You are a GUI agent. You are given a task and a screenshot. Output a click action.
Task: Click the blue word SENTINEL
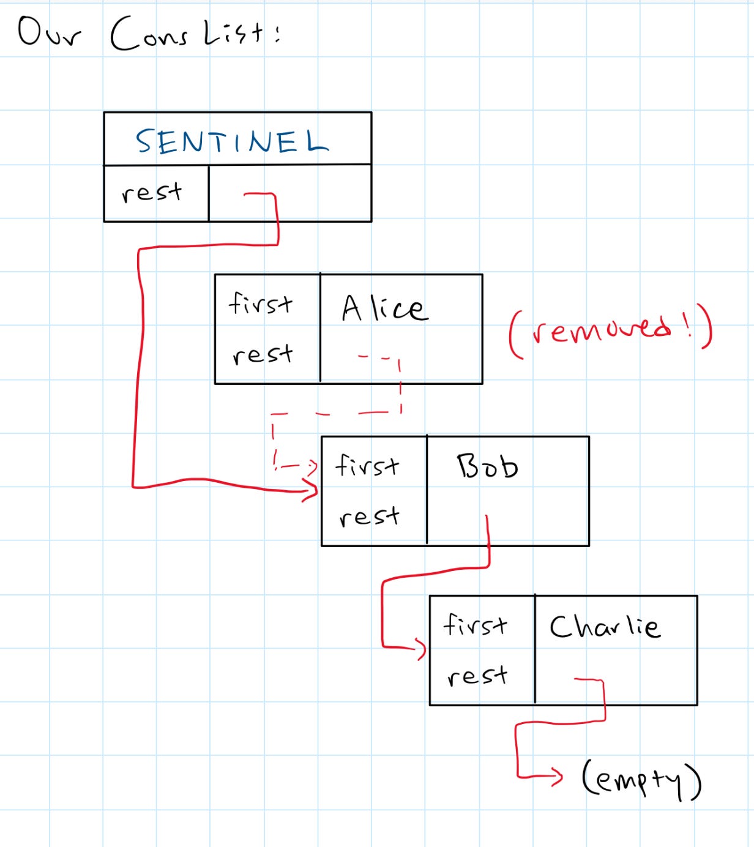(x=232, y=141)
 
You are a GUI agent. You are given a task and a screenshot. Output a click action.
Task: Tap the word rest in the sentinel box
(x=152, y=192)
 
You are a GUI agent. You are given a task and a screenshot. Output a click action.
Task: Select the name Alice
(x=384, y=307)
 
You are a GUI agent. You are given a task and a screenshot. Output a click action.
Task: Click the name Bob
(x=488, y=466)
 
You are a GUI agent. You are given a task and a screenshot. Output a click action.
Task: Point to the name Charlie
(x=605, y=625)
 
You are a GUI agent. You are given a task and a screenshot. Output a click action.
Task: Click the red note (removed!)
(x=611, y=330)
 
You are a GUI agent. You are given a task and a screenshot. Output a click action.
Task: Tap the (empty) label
(x=641, y=780)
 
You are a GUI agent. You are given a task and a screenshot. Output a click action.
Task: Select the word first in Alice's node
(x=261, y=303)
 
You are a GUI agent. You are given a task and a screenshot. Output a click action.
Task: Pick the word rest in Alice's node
(x=263, y=354)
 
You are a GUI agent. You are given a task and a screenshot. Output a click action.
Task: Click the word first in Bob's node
(x=367, y=465)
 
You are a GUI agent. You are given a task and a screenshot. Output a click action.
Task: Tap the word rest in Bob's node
(x=369, y=517)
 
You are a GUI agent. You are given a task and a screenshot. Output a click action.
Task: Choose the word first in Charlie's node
(x=476, y=625)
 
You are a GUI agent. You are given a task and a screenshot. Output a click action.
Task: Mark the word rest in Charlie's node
(x=477, y=676)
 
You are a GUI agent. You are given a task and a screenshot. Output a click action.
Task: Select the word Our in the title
(x=49, y=33)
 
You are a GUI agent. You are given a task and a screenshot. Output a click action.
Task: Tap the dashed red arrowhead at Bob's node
(x=312, y=468)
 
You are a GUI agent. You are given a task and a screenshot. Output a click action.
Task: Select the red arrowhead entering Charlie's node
(x=421, y=648)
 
